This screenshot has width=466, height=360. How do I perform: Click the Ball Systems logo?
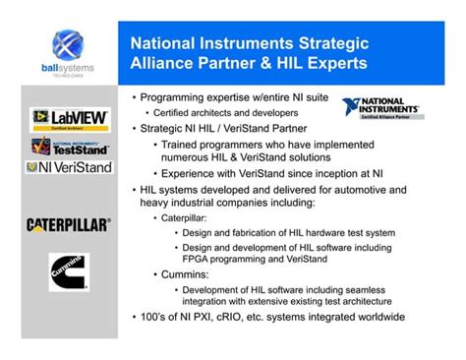point(68,55)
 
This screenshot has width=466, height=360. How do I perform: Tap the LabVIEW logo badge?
point(68,120)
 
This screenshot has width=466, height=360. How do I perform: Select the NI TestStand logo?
point(68,147)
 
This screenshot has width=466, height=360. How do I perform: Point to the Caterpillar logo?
point(68,224)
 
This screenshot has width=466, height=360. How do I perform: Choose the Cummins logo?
point(68,272)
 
